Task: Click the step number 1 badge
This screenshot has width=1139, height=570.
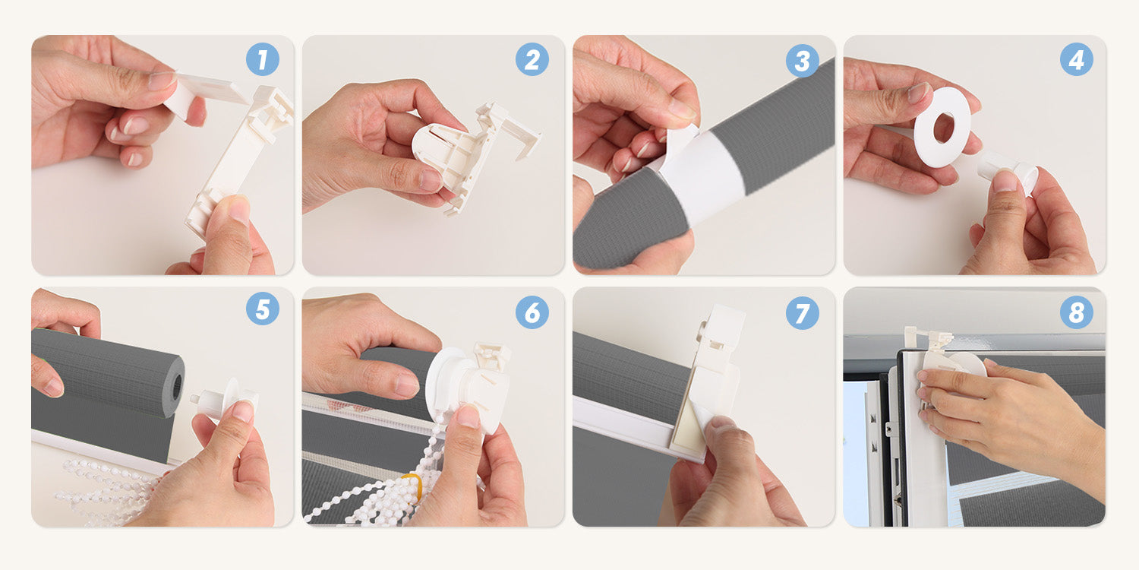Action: pos(263,59)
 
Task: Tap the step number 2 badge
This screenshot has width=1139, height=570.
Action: pos(532,59)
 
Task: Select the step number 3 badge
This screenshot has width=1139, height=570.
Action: pos(803,61)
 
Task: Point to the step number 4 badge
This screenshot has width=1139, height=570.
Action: pos(1077,59)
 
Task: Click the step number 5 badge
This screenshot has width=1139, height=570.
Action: pos(263,309)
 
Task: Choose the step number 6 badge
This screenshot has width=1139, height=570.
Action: pos(532,312)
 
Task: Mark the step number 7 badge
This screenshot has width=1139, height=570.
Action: pos(803,312)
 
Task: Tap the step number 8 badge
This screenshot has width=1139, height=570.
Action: pos(1077,312)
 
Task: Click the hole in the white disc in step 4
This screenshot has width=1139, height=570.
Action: pos(944,128)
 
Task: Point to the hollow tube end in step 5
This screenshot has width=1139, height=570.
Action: pos(176,388)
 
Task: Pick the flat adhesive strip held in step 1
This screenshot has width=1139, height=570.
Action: pos(204,92)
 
